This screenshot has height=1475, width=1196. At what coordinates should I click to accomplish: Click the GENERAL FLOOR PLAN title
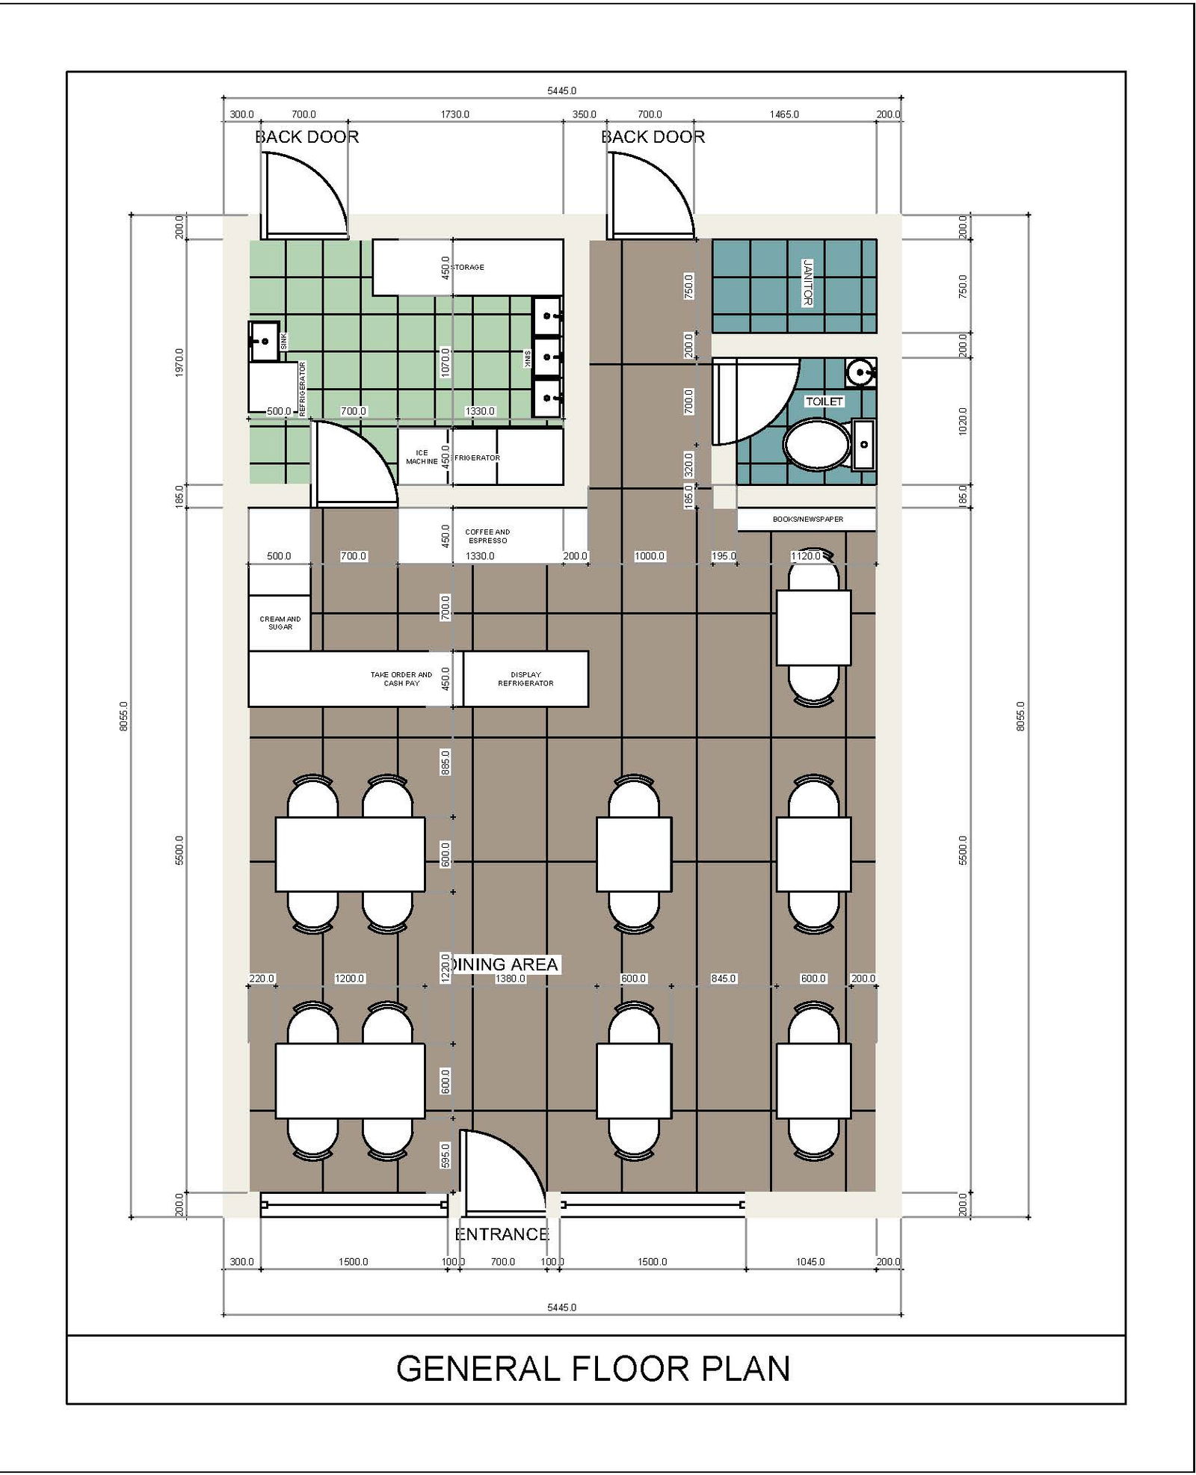593,1369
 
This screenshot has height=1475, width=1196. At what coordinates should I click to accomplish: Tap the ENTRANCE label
502,1234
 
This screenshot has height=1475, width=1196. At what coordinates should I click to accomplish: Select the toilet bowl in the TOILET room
817,444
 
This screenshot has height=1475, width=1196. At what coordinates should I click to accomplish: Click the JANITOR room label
807,282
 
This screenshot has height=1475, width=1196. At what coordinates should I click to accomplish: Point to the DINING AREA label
505,964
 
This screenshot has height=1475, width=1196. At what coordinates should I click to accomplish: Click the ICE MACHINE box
422,457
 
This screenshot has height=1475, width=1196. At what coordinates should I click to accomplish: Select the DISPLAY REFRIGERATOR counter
525,679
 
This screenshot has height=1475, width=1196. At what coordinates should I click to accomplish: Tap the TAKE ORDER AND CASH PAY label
401,679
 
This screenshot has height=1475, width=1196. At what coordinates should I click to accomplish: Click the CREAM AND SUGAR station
280,623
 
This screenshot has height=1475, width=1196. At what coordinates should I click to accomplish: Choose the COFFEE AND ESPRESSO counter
487,536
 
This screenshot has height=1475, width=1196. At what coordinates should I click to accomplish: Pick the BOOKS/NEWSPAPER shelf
807,519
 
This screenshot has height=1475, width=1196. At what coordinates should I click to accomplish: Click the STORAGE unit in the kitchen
468,267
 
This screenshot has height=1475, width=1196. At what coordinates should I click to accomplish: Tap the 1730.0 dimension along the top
454,114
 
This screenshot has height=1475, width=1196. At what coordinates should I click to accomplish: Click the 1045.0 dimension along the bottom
810,1262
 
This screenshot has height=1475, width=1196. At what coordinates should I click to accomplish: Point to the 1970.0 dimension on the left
179,362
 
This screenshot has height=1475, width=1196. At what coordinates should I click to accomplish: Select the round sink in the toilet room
861,372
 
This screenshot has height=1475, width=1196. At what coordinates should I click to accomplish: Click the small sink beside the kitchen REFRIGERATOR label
263,341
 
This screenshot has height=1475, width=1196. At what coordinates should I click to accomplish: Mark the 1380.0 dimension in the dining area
510,979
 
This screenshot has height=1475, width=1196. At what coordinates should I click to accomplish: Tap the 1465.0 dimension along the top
784,114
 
